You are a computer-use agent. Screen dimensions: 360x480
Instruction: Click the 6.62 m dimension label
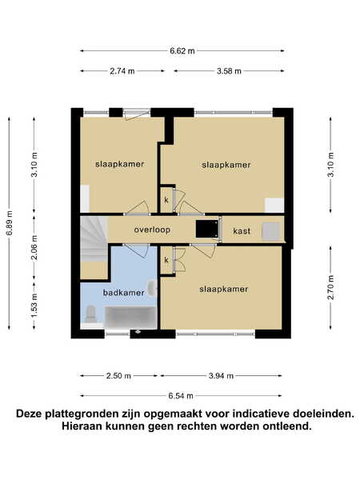coord(182,51)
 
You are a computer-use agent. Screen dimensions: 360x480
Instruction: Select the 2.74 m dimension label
coord(122,71)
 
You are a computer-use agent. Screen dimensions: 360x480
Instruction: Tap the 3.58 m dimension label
coord(229,71)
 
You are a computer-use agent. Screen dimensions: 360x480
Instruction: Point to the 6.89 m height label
coord(10,223)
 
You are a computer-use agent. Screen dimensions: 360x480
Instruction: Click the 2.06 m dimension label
coord(34,247)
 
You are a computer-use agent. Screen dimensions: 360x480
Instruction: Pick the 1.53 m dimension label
coord(34,306)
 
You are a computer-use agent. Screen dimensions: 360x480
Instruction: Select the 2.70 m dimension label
coord(330,288)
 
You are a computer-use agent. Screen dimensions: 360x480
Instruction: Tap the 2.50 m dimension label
coord(118,376)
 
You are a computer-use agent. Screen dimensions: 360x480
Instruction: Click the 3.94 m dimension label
coord(221,376)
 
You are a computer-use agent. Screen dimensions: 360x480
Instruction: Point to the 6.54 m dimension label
coord(181,396)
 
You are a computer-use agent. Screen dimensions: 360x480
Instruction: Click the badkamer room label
coord(123,293)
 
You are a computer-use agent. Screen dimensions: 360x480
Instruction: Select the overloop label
coord(152,230)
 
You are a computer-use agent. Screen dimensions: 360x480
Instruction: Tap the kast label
coord(242,231)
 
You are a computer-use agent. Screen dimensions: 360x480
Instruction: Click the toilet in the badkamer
coord(90,314)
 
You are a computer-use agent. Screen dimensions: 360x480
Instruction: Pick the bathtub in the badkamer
coord(130,318)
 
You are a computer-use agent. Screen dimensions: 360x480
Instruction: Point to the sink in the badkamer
coord(152,289)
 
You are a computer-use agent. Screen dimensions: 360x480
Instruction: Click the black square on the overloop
coord(207,230)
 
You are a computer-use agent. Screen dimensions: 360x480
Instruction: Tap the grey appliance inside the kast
coord(271,230)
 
